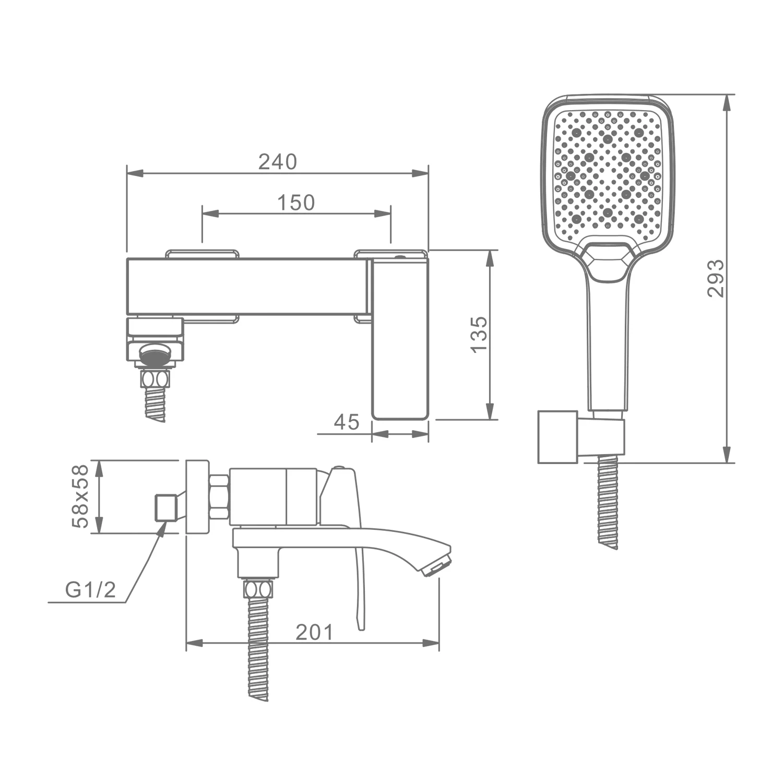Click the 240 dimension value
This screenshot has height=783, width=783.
click(278, 162)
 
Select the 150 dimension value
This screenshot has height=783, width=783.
click(296, 203)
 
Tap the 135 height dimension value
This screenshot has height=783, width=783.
click(479, 335)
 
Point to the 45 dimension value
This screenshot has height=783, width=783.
click(347, 422)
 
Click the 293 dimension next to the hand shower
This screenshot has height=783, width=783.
click(716, 278)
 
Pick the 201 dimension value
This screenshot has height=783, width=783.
click(314, 632)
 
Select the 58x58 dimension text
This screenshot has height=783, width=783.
click(81, 497)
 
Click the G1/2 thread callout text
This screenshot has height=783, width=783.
click(90, 590)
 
